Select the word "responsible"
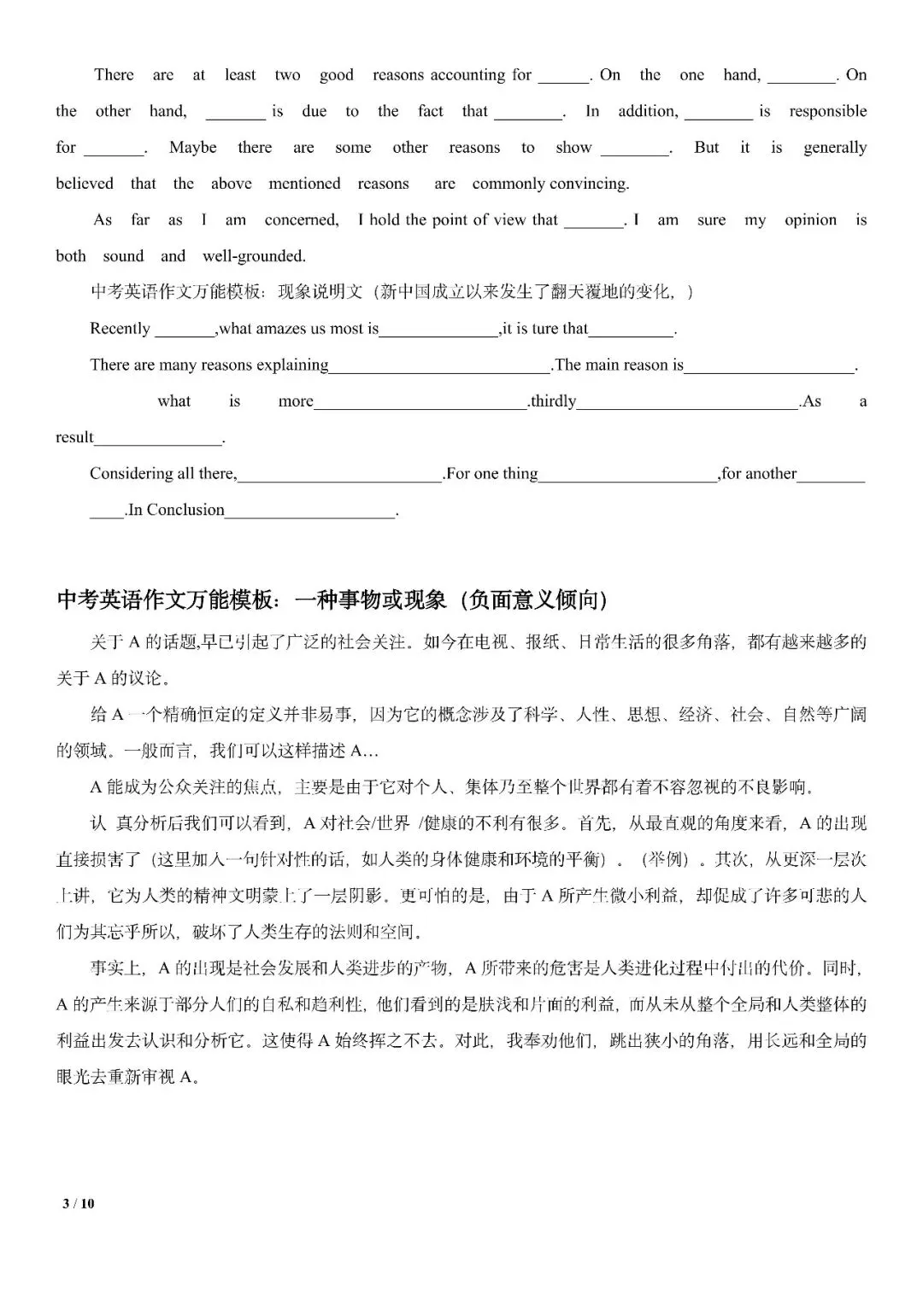pyautogui.click(x=827, y=111)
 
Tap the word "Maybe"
pyautogui.click(x=192, y=148)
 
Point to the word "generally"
pyautogui.click(x=834, y=148)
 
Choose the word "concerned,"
pyautogui.click(x=302, y=220)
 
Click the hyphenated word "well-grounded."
pyautogui.click(x=254, y=256)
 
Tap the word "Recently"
pyautogui.click(x=120, y=329)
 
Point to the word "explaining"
pyautogui.click(x=286, y=365)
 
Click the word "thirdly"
pyautogui.click(x=554, y=401)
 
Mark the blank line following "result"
pyautogui.click(x=158, y=443)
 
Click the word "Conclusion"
pyautogui.click(x=185, y=510)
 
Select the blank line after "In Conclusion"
pyautogui.click(x=310, y=515)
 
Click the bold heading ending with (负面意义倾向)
pyautogui.click(x=332, y=600)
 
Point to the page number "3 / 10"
pyautogui.click(x=79, y=1204)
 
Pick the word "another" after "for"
pyautogui.click(x=770, y=474)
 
